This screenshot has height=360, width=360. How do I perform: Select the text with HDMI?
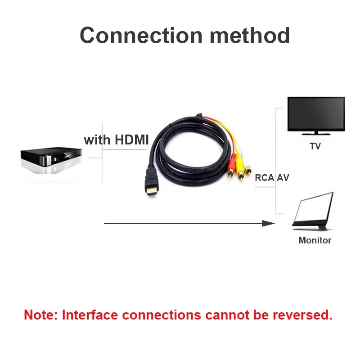[x=116, y=140]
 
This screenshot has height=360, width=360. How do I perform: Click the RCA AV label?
[x=272, y=177]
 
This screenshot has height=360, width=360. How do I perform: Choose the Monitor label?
[x=315, y=240]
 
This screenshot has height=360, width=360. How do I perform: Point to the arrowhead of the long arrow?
[x=270, y=223]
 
